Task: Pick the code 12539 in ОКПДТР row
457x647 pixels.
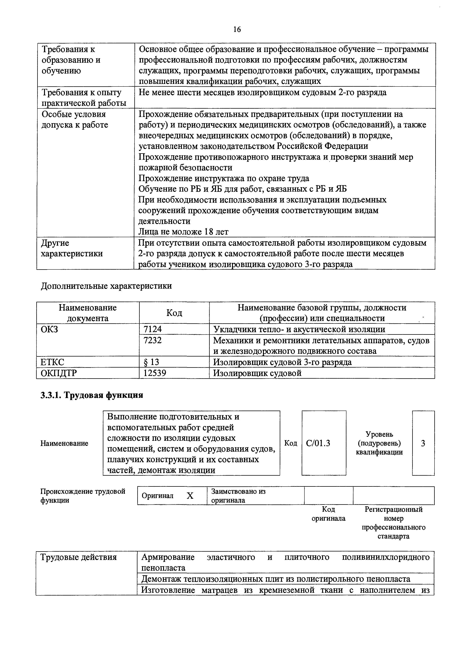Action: (x=155, y=373)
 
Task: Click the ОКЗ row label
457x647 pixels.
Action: (x=50, y=329)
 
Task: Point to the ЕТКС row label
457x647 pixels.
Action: (x=52, y=362)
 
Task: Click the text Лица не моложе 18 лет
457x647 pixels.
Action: (x=183, y=232)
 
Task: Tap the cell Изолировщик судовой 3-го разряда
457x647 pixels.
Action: (x=282, y=362)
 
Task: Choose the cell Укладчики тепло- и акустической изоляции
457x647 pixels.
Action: (x=299, y=329)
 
